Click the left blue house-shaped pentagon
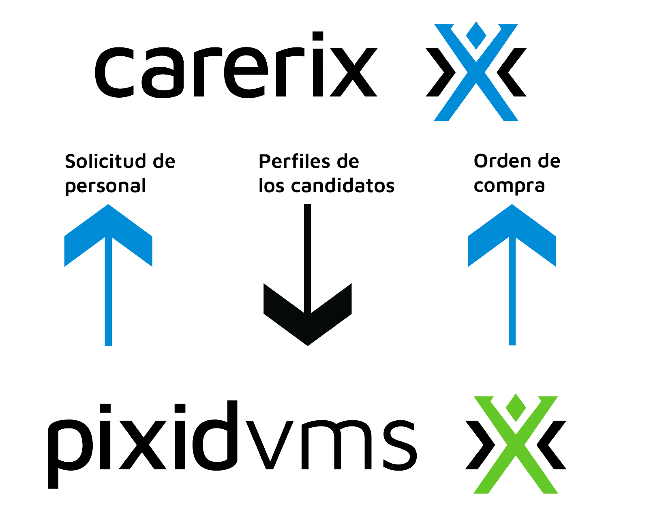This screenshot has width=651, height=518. [108, 284]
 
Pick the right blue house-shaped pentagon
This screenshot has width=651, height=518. [512, 284]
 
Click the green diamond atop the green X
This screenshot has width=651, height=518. [515, 403]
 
